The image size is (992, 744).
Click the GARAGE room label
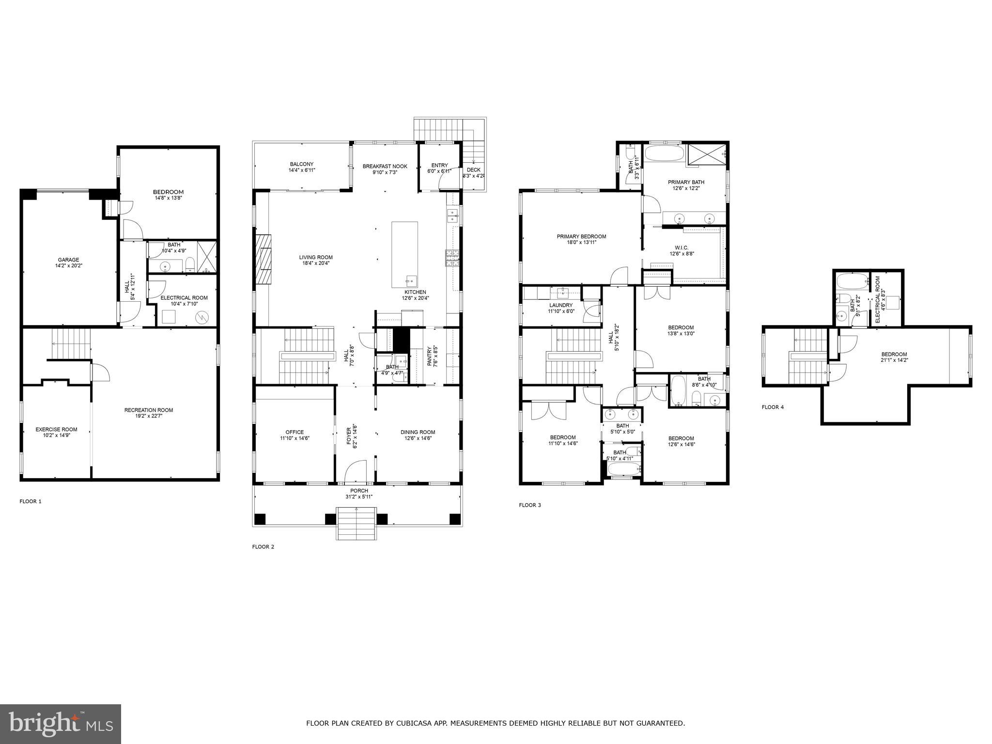[68, 260]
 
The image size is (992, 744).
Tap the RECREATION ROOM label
[148, 410]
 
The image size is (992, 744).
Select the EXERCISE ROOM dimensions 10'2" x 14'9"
[56, 435]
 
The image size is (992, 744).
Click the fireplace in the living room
[264, 259]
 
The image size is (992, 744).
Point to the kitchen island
[404, 254]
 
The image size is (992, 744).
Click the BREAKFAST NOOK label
[385, 166]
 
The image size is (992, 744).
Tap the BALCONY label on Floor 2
[302, 164]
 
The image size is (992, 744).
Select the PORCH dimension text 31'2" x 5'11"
[359, 496]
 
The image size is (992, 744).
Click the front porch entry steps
[356, 523]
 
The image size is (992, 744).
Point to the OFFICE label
[294, 432]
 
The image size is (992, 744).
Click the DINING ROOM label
[418, 432]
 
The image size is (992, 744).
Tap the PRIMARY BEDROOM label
[581, 236]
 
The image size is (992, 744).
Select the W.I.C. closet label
[682, 248]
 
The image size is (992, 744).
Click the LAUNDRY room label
[561, 305]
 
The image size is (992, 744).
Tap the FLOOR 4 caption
[773, 407]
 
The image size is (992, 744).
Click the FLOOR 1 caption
[31, 501]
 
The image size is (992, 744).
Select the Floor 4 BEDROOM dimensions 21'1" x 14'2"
[894, 360]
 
